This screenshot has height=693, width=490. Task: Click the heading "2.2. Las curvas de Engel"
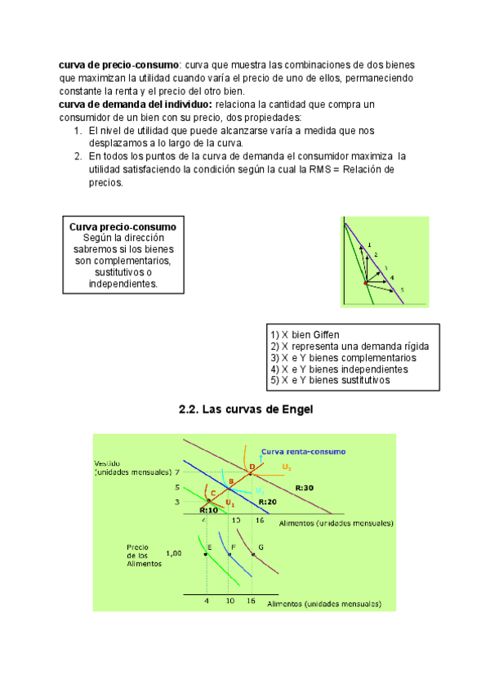coord(246,409)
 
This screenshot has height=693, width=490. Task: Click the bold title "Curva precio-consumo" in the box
coord(122,226)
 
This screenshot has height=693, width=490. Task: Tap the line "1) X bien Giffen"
coord(305,335)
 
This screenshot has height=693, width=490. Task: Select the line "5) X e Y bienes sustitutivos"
coord(330,380)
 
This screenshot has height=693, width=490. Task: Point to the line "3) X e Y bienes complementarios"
coord(342,358)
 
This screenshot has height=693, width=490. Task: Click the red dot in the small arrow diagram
coord(366,283)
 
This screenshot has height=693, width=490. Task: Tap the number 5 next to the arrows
coord(402,290)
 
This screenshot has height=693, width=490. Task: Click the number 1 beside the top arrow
coord(369,244)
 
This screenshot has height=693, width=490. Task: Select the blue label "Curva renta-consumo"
coord(303,451)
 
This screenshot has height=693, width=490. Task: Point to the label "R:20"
coord(267,501)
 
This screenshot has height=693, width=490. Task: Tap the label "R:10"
coord(209,510)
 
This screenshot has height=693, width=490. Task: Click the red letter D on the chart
coord(252,466)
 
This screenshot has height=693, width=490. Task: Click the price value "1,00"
coord(174,553)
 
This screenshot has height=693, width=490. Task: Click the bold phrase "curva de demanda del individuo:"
coord(136,105)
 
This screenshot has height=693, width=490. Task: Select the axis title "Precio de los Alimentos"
coord(143,556)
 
